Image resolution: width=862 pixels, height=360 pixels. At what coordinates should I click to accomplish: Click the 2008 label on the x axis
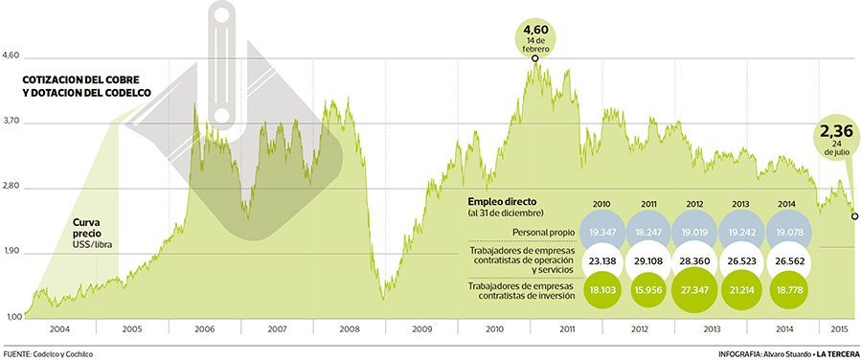point(350,328)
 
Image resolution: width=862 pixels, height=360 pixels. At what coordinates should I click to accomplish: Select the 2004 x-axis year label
point(59,328)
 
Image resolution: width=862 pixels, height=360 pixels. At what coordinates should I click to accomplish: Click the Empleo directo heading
point(501,201)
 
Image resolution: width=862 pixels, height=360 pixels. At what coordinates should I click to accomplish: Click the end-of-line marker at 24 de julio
point(854,216)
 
